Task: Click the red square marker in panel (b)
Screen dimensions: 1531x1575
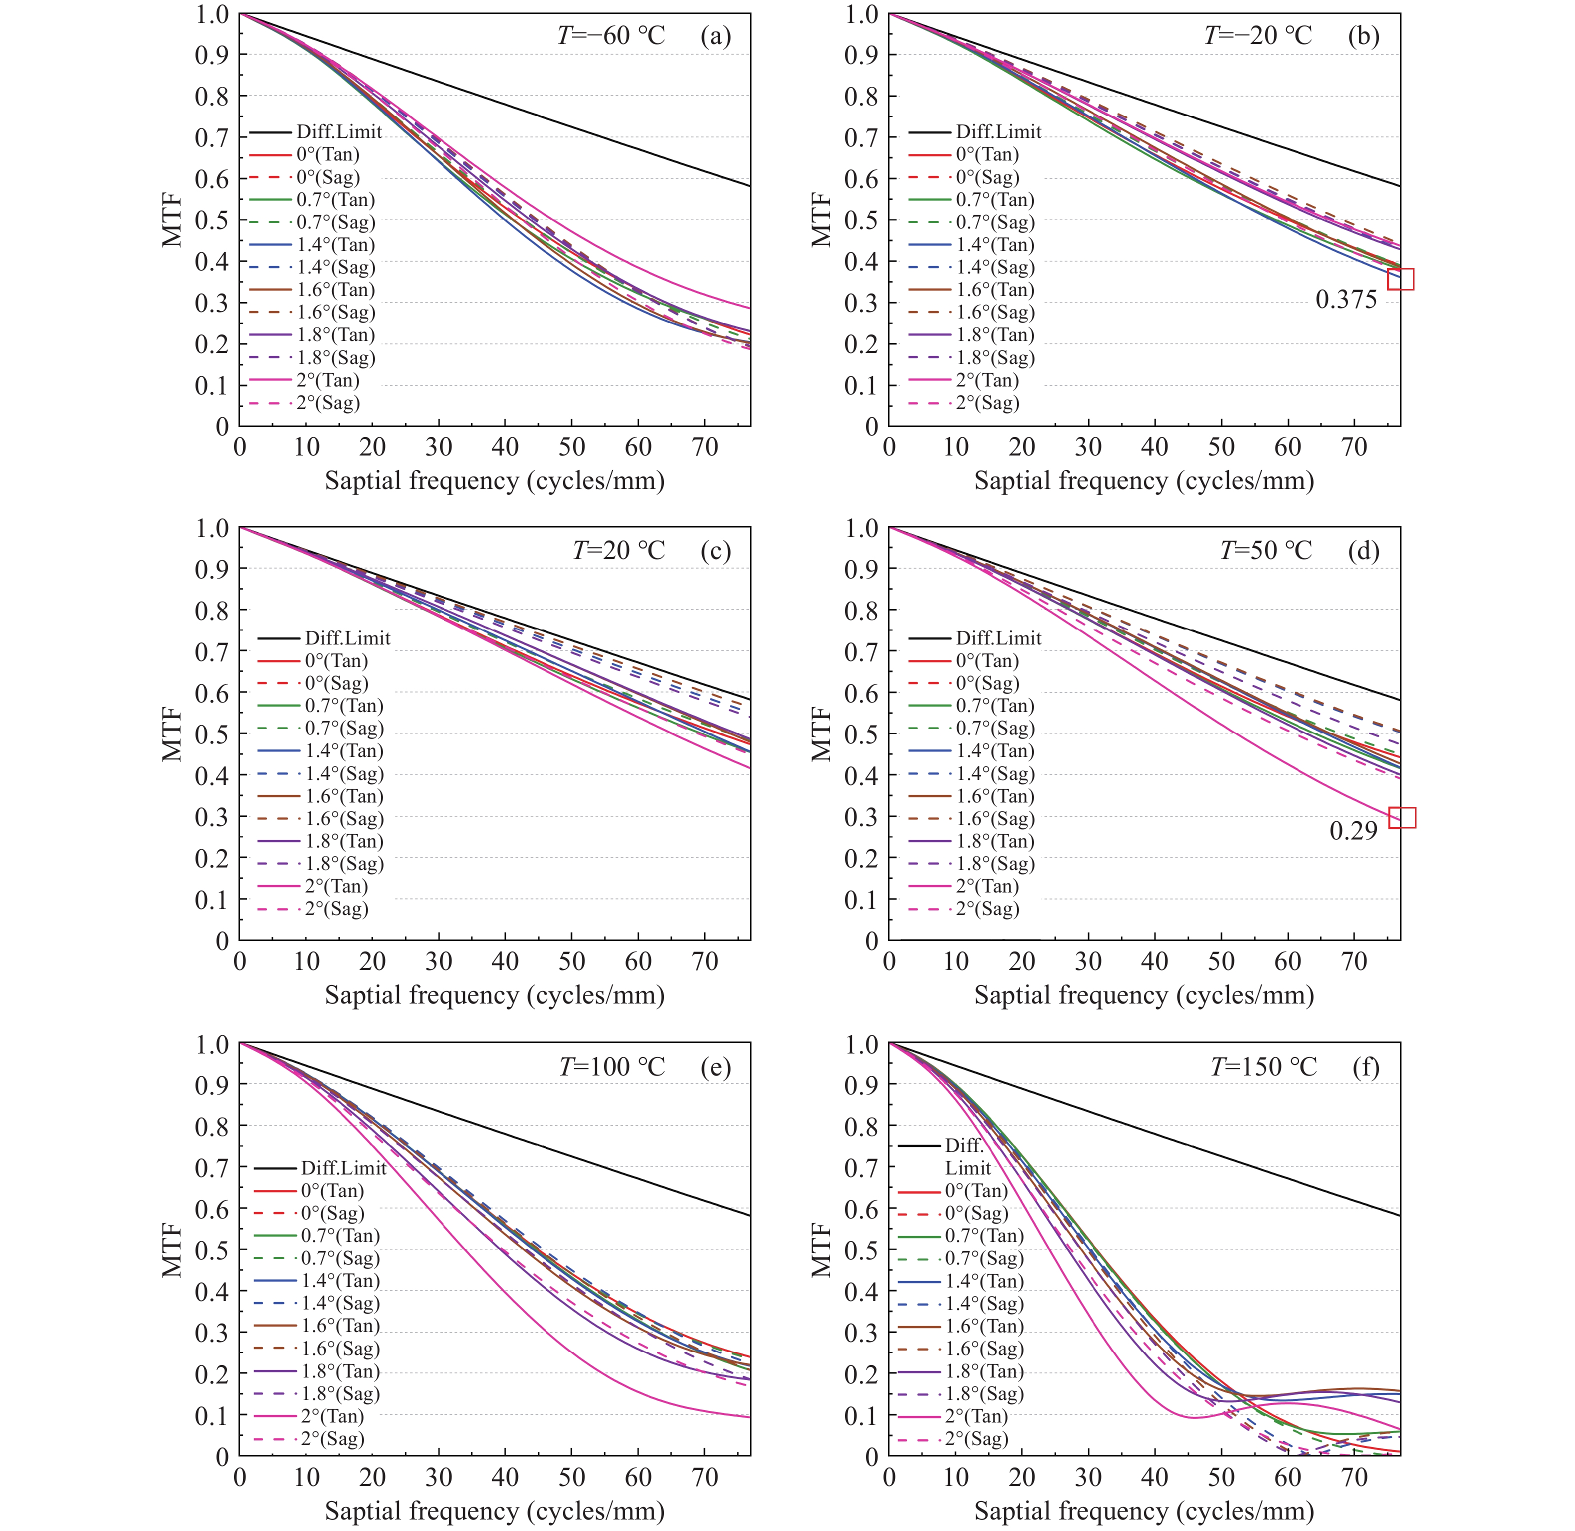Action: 1400,279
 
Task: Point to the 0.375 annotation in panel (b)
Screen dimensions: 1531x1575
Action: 1346,300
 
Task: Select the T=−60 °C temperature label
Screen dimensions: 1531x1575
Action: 611,36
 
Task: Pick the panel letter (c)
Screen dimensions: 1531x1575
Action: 715,551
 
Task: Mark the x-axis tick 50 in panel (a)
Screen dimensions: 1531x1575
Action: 571,447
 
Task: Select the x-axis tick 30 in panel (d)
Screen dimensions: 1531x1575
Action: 1088,961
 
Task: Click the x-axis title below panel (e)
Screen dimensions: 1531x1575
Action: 494,1511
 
